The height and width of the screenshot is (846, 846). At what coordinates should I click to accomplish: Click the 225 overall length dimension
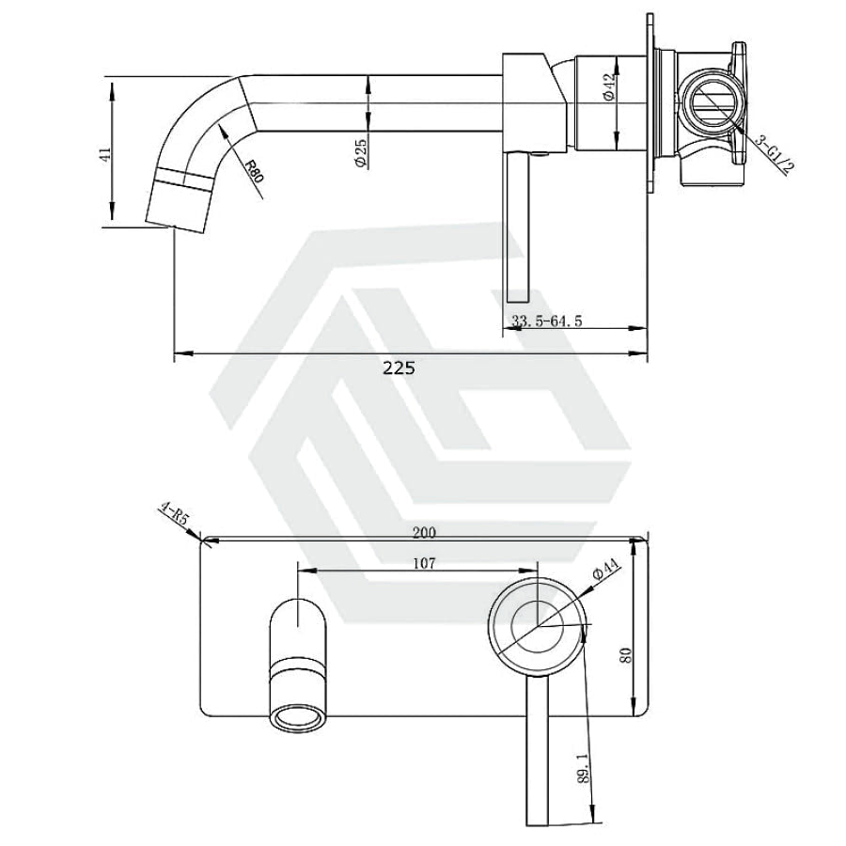pyautogui.click(x=399, y=368)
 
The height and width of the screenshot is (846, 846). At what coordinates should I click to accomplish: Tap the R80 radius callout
pyautogui.click(x=253, y=171)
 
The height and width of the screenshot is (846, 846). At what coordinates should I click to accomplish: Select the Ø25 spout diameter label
pyautogui.click(x=361, y=152)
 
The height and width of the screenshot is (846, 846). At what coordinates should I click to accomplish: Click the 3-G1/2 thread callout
pyautogui.click(x=774, y=155)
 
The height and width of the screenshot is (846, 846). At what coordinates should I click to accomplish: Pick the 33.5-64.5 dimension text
pyautogui.click(x=546, y=321)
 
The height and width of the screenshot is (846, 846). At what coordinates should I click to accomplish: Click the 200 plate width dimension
pyautogui.click(x=424, y=533)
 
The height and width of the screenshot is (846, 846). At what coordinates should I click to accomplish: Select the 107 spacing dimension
pyautogui.click(x=424, y=563)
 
